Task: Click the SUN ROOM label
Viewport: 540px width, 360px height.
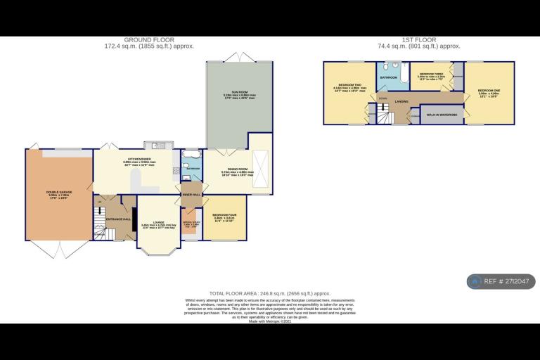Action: click(x=239, y=93)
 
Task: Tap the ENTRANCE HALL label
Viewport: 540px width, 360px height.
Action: click(x=118, y=219)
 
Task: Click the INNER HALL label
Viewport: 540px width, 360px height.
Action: click(x=191, y=194)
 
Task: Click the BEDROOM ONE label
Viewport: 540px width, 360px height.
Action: click(x=489, y=90)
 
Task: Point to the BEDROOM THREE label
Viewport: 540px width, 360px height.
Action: click(x=430, y=74)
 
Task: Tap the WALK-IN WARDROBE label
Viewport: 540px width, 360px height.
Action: click(x=442, y=114)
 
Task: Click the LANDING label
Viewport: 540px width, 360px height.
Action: click(x=401, y=101)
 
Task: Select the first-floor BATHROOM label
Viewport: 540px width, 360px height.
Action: click(x=389, y=77)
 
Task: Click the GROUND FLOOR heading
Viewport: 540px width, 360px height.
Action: click(x=149, y=40)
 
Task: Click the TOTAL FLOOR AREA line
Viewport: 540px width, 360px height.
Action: click(x=269, y=292)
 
